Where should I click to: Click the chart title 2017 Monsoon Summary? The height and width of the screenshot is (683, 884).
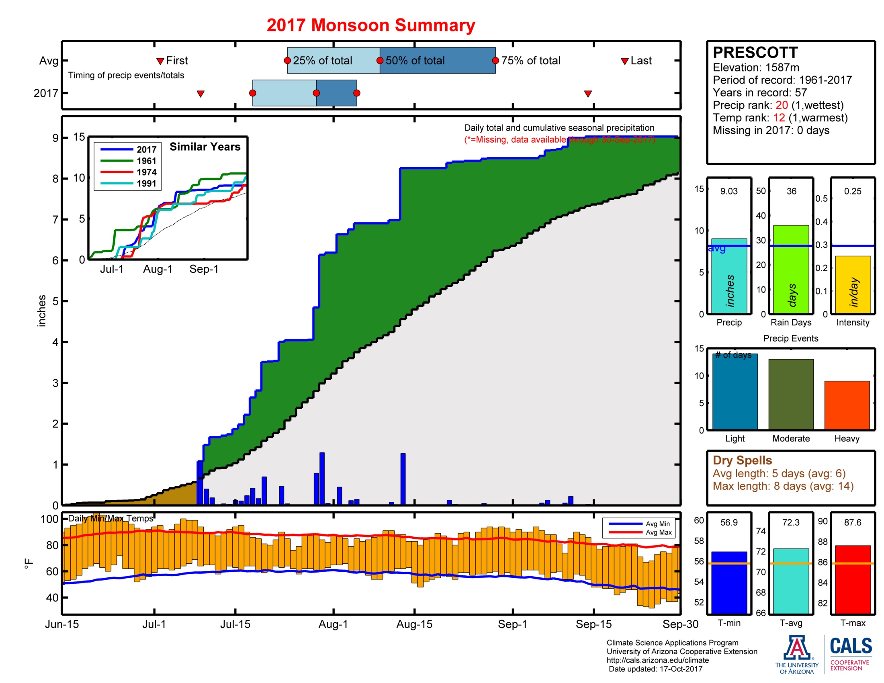point(370,25)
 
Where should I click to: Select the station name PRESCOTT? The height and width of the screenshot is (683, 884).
point(755,53)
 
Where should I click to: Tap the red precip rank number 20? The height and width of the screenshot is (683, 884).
point(782,105)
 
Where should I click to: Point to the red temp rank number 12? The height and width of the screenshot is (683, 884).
point(779,118)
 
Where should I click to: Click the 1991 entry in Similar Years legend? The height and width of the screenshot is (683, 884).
point(146,184)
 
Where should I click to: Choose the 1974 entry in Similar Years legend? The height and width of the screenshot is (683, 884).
point(146,172)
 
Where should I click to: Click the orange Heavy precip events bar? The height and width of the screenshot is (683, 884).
point(847,405)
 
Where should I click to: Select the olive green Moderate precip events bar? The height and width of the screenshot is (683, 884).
point(790,394)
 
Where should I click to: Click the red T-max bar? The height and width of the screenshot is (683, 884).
point(852,579)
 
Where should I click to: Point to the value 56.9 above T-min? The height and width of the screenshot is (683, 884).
point(728,522)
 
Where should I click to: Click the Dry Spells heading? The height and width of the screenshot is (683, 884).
point(742,460)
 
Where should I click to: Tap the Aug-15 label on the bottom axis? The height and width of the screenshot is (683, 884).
point(414,624)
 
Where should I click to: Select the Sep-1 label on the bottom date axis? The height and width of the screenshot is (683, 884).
point(512,624)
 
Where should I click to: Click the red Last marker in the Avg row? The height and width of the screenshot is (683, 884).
point(624,61)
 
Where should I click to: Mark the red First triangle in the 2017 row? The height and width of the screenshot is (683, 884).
point(201,94)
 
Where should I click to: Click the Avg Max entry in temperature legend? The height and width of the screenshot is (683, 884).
point(658,532)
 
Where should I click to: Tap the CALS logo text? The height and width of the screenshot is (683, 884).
point(851,646)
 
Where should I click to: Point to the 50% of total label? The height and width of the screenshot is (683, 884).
point(415,61)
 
